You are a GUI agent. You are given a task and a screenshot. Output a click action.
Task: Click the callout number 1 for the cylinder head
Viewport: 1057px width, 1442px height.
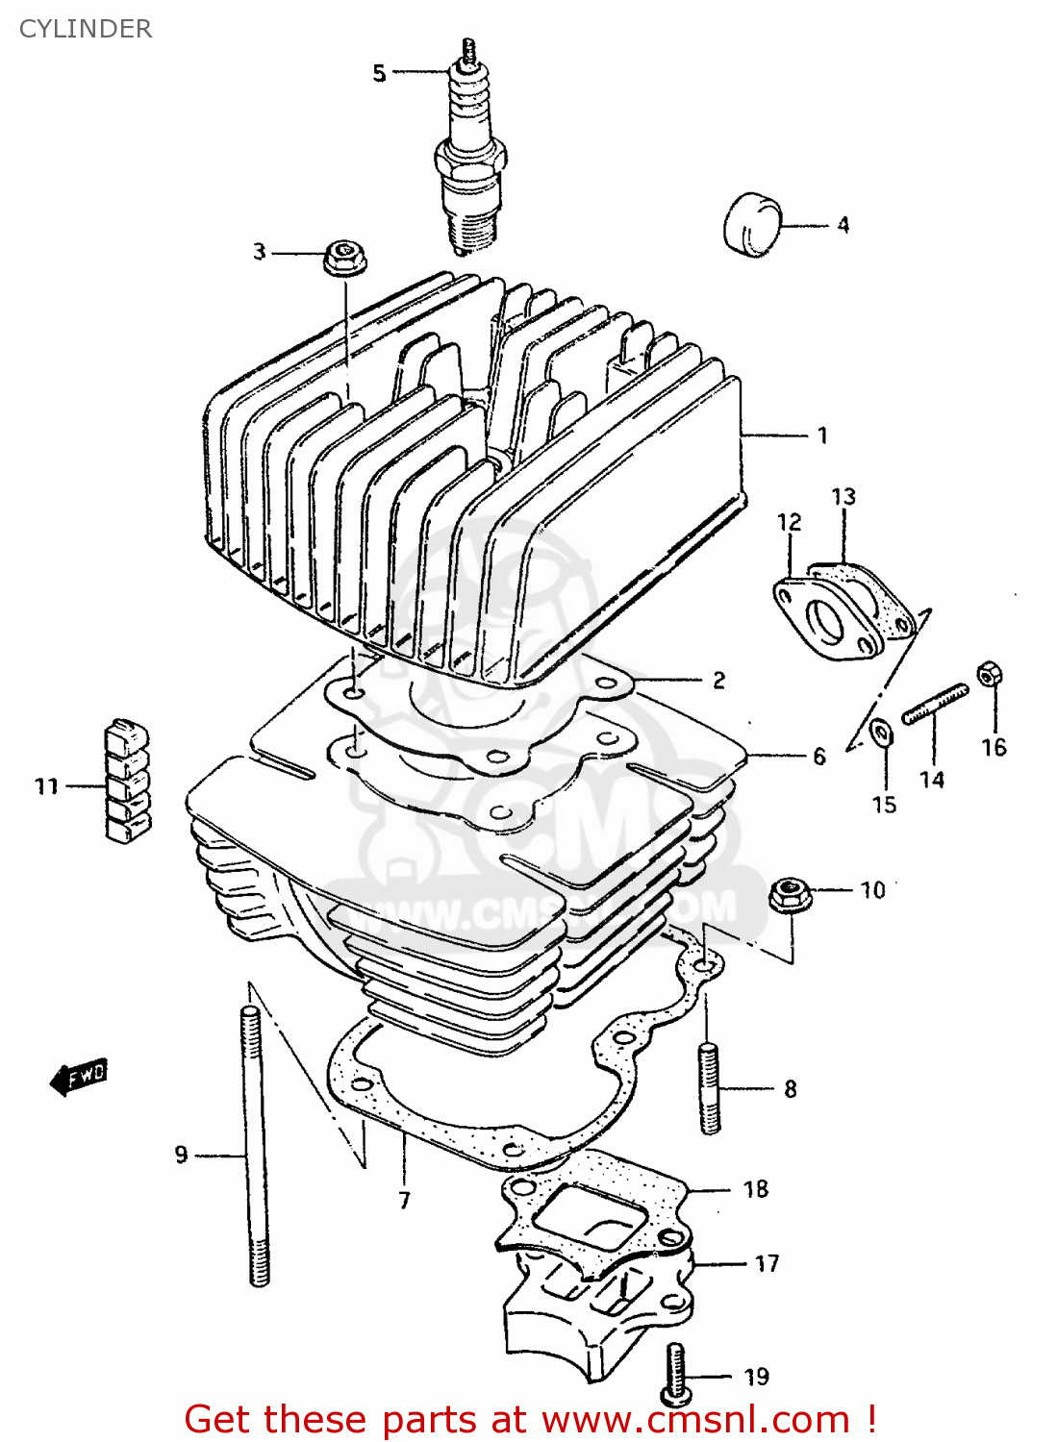pyautogui.click(x=822, y=435)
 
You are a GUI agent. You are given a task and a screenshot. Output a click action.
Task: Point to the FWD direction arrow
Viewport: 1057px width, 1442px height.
pyautogui.click(x=80, y=1076)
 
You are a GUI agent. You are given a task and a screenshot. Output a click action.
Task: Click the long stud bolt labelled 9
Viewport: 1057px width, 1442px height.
pyautogui.click(x=255, y=1144)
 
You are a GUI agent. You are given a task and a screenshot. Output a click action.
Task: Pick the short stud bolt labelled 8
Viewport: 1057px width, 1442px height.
pyautogui.click(x=709, y=1088)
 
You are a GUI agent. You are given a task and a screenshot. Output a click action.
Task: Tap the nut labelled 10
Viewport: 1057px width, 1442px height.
pyautogui.click(x=791, y=895)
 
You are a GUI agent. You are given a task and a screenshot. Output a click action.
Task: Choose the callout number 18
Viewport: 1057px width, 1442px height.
pyautogui.click(x=756, y=1190)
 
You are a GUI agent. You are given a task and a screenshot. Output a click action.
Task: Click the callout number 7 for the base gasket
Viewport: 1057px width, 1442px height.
pyautogui.click(x=404, y=1200)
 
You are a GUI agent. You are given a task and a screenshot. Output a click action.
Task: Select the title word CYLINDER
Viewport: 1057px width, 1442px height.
pyautogui.click(x=86, y=29)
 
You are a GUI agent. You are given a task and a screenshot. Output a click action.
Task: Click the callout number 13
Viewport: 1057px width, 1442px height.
pyautogui.click(x=843, y=497)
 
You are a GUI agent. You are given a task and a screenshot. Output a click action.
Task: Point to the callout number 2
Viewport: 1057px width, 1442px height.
pyautogui.click(x=718, y=681)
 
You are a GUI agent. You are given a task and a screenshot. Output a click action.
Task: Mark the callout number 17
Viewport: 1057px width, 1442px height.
pyautogui.click(x=767, y=1263)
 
